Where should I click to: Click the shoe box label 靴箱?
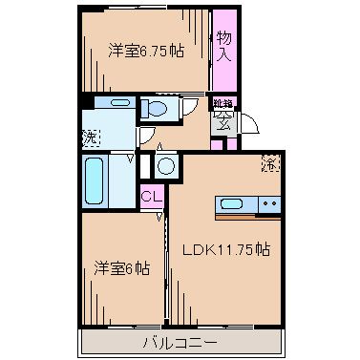pos(222,103)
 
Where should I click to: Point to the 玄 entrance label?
pos(223,119)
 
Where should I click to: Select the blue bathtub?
pos(95,180)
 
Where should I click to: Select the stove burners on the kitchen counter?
pos(269,202)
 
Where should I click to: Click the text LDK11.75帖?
pos(226,251)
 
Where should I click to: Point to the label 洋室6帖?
pos(121,268)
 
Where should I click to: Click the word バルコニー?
pos(180,341)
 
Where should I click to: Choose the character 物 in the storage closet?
pos(224,38)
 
